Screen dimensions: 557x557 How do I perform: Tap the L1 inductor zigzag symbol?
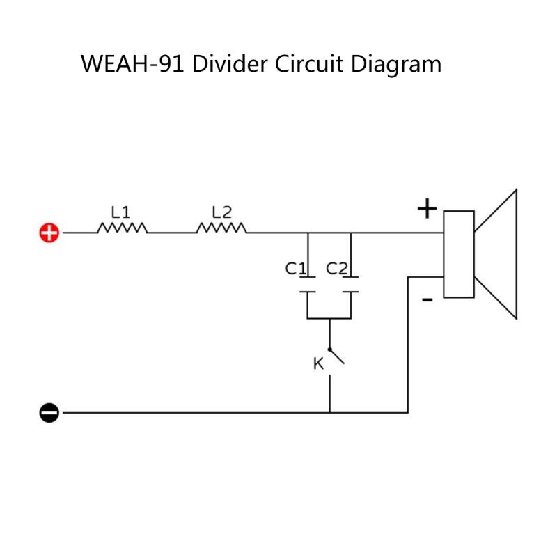(x=123, y=228)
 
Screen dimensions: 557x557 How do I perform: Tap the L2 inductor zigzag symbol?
(x=221, y=228)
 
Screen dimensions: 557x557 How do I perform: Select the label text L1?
(x=121, y=210)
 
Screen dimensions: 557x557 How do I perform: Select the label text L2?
(x=221, y=210)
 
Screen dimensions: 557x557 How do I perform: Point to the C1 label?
(x=295, y=269)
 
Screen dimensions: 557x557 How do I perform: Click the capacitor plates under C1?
(x=308, y=286)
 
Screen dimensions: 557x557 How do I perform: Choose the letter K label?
(x=317, y=363)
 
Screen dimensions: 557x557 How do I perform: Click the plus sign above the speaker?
(x=426, y=208)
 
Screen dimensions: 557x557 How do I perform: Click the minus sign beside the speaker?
(x=427, y=299)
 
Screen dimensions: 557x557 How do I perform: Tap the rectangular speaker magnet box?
(x=459, y=253)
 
